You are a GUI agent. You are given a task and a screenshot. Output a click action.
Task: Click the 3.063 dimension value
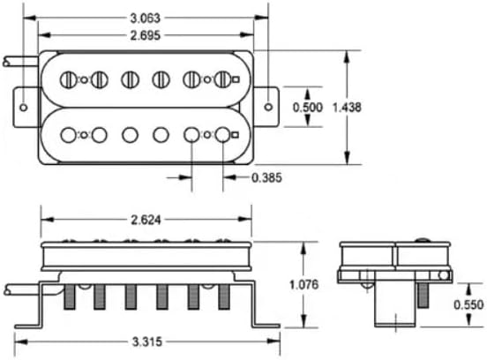coord(146,18)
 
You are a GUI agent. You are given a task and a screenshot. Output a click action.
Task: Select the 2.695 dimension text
coord(146,35)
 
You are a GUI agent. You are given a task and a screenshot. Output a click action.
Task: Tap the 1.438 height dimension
coord(347,108)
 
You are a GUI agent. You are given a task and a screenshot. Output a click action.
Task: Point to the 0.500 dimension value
coord(308,107)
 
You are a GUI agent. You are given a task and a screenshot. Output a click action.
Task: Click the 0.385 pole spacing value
coord(266,177)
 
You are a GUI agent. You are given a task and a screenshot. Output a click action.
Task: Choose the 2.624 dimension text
coord(146,220)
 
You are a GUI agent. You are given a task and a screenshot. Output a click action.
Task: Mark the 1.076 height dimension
coord(303,284)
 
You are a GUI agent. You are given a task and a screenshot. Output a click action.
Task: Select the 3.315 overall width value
coord(147,341)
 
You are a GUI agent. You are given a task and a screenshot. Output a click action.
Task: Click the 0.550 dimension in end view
coord(468,304)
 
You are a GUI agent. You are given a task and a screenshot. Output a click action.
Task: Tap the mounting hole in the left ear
coord(24,108)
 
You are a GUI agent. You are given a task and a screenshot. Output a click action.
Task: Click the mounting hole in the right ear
coord(268,107)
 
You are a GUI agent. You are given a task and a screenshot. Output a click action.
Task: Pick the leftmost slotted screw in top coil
coord(68,79)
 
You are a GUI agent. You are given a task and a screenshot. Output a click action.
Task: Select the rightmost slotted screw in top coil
coord(222,79)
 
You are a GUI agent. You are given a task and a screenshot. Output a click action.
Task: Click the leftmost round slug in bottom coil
coord(68,135)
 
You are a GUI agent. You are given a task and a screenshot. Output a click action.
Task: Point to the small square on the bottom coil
coord(236,135)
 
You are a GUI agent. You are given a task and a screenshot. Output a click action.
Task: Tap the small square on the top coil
coord(236,79)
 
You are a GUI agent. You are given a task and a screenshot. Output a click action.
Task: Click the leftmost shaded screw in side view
coord(70,297)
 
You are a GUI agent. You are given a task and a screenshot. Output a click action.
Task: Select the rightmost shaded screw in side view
coord(224,297)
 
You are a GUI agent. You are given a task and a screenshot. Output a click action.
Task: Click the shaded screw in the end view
coord(421,296)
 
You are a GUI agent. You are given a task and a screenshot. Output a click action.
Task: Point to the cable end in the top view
coord(5,62)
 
